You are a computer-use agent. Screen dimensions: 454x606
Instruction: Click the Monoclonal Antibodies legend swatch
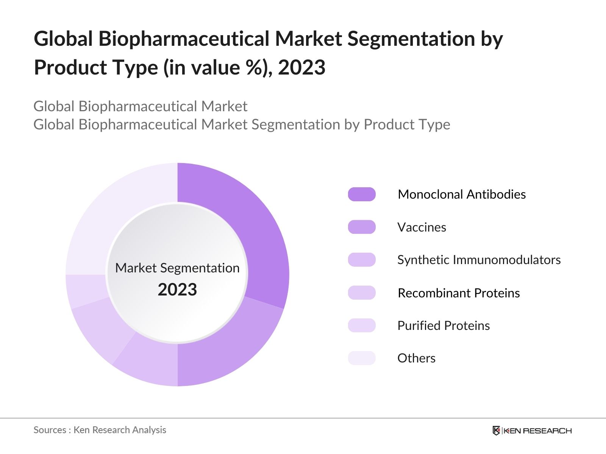362,194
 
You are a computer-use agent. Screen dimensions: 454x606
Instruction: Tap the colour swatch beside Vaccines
362,227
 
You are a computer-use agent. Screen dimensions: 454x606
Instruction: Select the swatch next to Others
362,358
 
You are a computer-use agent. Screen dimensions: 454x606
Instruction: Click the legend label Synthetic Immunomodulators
479,260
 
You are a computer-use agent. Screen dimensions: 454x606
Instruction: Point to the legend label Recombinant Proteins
459,293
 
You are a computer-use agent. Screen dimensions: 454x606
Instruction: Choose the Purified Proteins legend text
444,325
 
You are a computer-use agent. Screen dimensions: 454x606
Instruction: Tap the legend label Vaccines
422,227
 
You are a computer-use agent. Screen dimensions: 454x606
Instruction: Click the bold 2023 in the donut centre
177,290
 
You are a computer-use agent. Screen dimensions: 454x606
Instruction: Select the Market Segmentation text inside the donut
177,268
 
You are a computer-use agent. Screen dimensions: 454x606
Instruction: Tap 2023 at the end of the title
301,67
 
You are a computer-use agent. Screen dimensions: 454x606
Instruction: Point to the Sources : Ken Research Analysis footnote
100,430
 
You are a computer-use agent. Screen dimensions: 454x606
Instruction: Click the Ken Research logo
532,431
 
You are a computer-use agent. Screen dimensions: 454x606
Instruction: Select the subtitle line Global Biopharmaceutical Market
140,106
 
